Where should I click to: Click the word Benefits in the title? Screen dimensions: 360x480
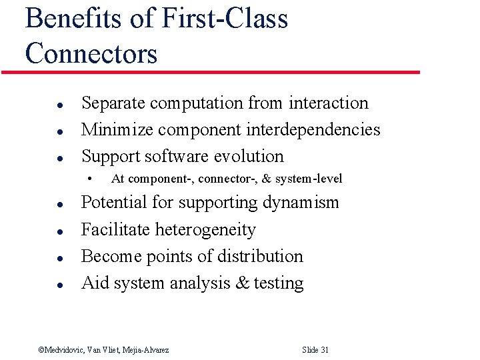(73, 18)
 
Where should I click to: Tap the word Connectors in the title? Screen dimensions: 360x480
(91, 53)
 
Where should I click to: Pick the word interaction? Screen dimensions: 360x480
(329, 103)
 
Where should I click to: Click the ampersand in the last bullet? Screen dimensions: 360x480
(242, 283)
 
